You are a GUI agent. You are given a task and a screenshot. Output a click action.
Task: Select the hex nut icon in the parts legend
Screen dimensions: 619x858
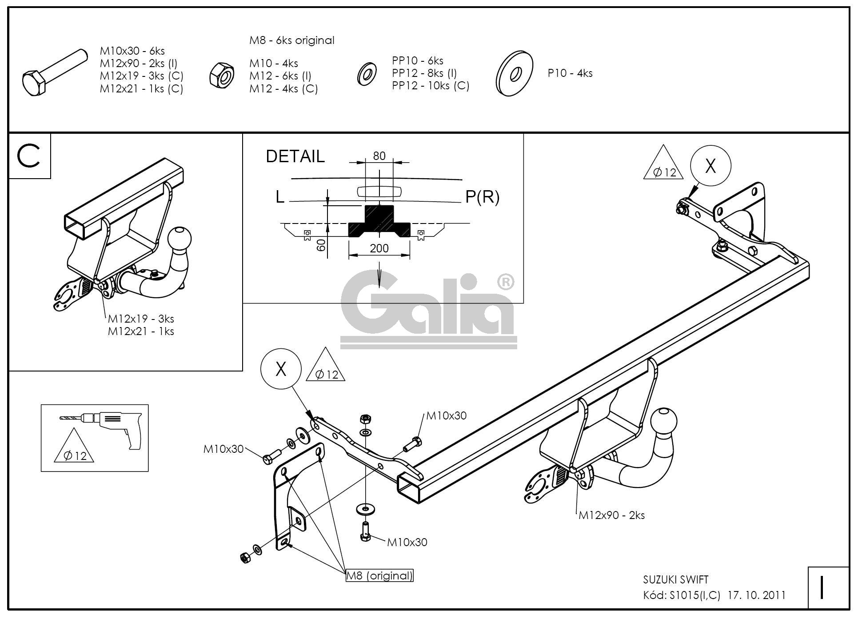222,74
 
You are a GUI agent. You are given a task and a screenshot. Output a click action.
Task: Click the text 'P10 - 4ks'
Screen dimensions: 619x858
570,73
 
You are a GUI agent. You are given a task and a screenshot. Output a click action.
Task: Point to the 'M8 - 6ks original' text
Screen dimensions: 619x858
291,40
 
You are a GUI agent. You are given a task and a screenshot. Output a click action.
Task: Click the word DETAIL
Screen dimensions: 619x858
295,156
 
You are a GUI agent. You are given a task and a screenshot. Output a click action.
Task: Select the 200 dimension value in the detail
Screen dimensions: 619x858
379,248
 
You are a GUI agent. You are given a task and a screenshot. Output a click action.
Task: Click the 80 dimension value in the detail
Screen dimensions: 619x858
379,156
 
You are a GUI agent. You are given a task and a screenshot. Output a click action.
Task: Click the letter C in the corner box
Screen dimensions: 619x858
29,156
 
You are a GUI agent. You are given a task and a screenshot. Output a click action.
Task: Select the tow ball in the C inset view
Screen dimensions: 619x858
180,239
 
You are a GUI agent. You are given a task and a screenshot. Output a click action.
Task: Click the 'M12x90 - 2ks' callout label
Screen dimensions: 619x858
611,515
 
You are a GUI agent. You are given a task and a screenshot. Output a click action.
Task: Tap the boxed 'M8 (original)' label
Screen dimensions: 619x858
379,575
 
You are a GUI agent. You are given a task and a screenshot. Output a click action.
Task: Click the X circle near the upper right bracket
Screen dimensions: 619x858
710,166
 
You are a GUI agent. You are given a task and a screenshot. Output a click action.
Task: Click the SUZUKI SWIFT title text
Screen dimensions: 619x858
676,579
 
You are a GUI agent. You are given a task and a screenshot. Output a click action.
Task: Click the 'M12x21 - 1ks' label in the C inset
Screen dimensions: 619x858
141,331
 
